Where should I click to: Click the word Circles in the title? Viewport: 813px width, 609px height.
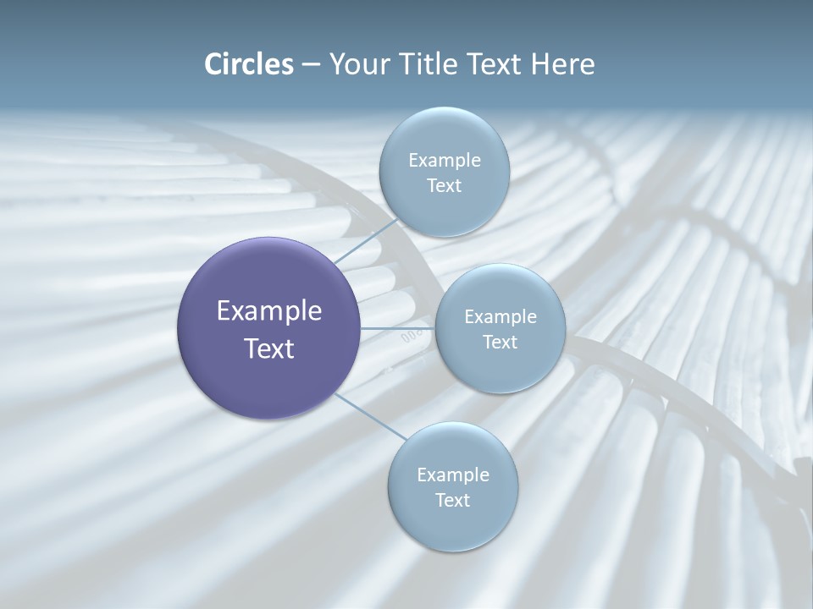[249, 64]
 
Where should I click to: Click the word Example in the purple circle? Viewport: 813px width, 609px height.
[269, 311]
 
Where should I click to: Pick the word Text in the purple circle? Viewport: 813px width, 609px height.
[269, 348]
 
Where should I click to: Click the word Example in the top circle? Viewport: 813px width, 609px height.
[445, 160]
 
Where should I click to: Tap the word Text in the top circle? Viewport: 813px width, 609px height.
[444, 185]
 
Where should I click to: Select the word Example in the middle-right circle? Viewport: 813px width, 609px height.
[501, 316]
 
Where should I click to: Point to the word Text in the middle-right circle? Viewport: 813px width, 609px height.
[500, 342]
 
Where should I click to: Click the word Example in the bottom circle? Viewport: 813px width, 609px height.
[453, 475]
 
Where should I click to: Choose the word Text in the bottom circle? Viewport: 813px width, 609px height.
[452, 500]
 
